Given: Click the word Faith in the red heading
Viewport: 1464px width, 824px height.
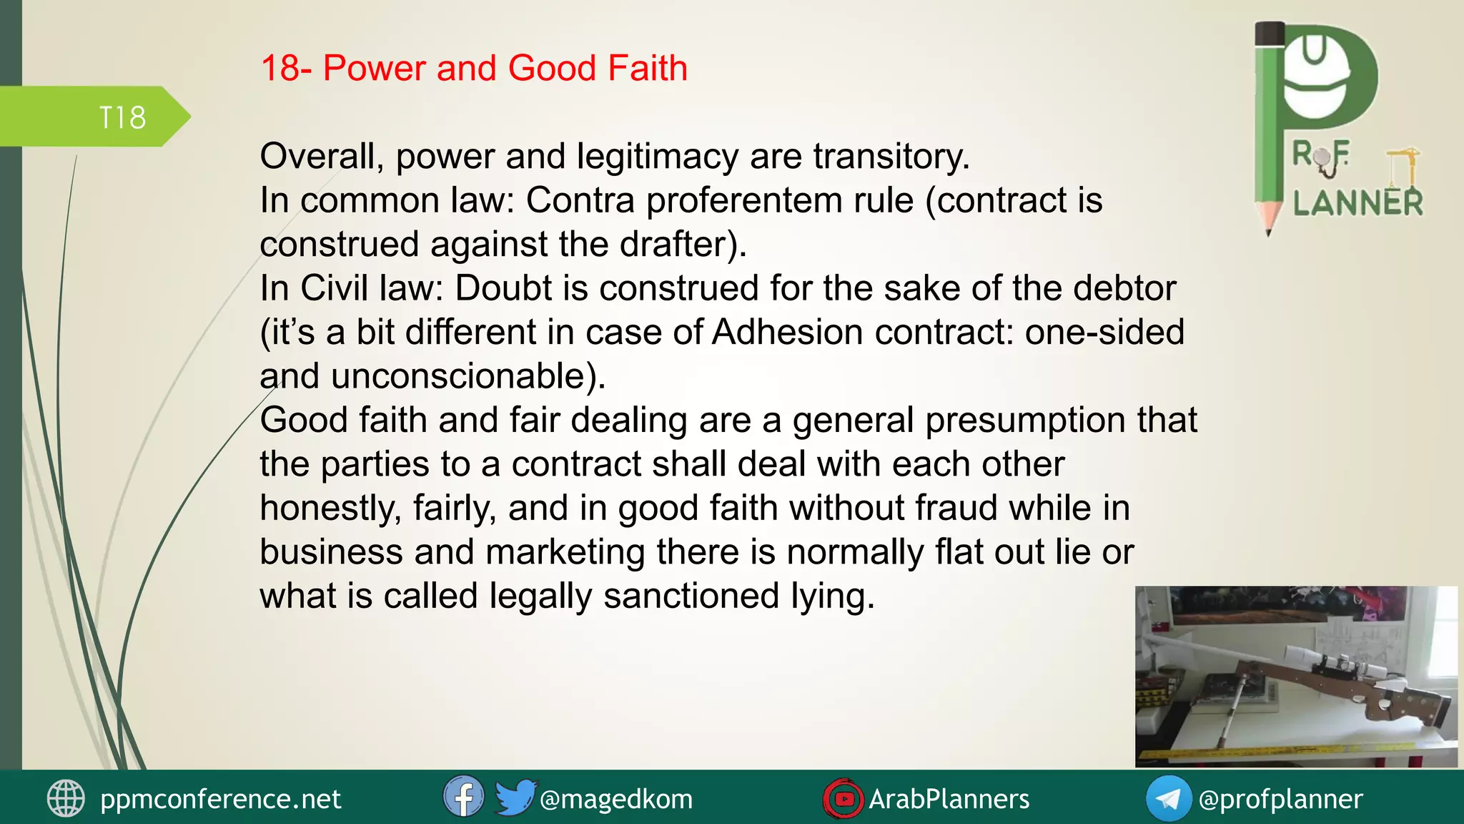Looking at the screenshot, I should (x=647, y=69).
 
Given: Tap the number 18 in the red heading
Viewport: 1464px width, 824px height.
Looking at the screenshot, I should (x=280, y=69).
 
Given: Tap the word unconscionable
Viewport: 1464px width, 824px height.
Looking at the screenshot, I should (x=458, y=376).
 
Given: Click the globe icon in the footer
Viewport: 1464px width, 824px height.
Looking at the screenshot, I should (x=66, y=798).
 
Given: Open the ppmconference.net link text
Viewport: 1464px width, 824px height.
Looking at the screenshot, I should (x=220, y=799).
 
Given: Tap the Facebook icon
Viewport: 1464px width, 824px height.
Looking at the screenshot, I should (x=463, y=797).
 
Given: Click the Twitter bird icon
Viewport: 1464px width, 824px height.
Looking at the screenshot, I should (x=515, y=797).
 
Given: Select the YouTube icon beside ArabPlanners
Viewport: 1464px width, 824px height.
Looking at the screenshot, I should (x=844, y=798).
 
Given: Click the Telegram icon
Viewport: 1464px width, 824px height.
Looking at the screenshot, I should (x=1168, y=798).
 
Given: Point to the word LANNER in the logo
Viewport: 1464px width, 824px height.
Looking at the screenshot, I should (x=1357, y=204).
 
